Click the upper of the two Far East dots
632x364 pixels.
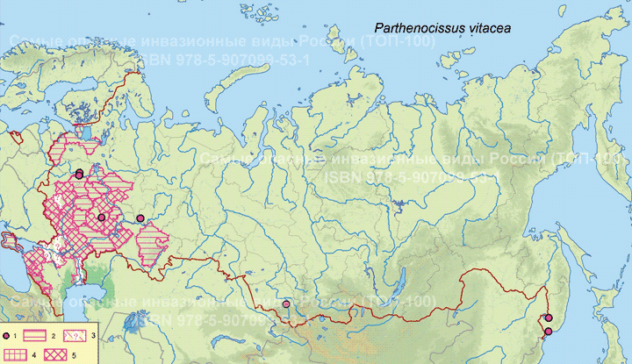pyautogui.click(x=549, y=318)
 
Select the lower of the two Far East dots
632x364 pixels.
pyautogui.click(x=549, y=332)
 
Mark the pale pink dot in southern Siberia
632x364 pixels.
pyautogui.click(x=287, y=304)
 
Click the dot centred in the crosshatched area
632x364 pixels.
pyautogui.click(x=101, y=217)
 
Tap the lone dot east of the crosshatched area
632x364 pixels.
pyautogui.click(x=140, y=218)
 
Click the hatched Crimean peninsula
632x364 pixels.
pyautogui.click(x=11, y=241)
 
